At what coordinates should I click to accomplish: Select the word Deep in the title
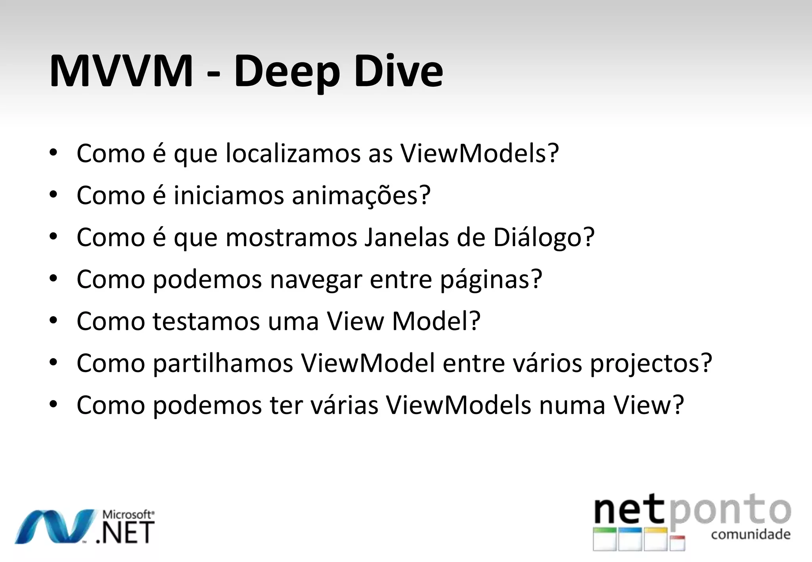click(x=287, y=74)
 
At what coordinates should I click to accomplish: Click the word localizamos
click(x=293, y=153)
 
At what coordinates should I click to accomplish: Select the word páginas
click(x=491, y=280)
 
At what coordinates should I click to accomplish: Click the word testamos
click(x=206, y=321)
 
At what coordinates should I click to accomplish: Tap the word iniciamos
click(x=229, y=195)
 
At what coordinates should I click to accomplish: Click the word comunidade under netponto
click(x=751, y=535)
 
